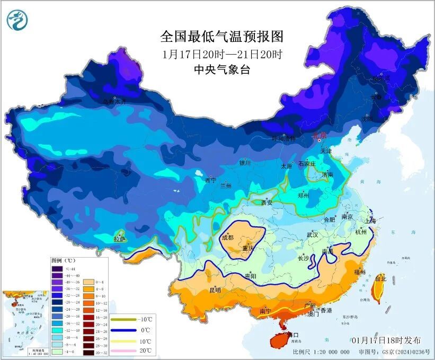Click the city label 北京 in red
(x=321, y=135)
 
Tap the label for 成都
(x=228, y=237)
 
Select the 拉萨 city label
(x=120, y=239)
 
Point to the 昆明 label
(x=200, y=290)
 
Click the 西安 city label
(x=267, y=202)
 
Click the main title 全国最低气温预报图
(x=222, y=37)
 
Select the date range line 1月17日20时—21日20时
(x=222, y=54)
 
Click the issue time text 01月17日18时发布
(x=386, y=340)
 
